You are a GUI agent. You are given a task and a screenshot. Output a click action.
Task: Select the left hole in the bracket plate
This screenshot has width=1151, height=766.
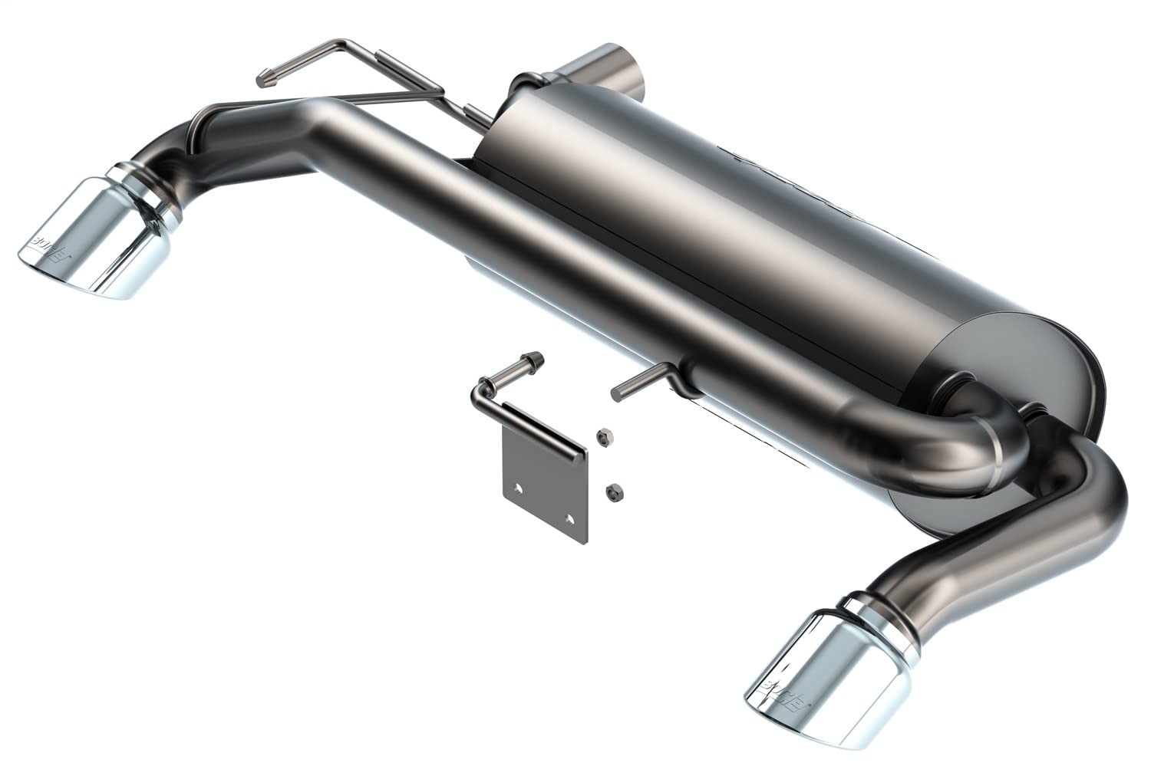(520, 488)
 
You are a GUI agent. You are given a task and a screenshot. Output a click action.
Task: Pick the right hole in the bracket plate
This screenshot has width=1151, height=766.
(569, 519)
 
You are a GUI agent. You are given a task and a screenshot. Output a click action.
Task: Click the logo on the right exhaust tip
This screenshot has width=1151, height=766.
(776, 682)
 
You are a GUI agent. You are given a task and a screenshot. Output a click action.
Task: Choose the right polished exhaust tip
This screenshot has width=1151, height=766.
(821, 667)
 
